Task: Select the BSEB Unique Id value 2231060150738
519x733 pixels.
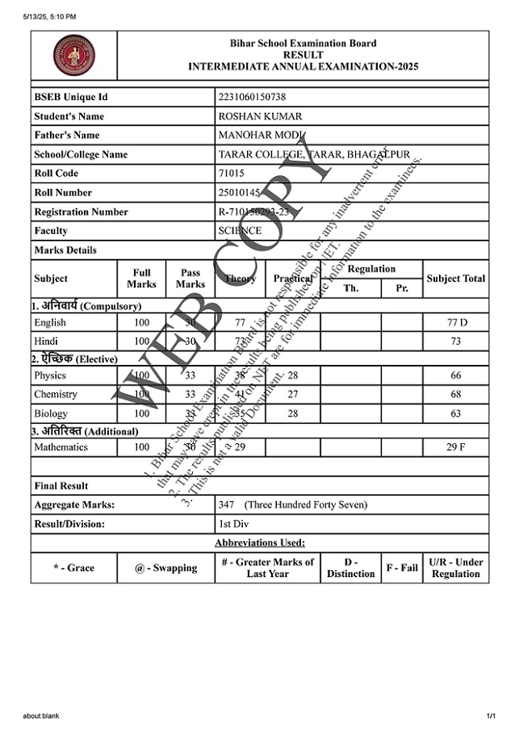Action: point(252,97)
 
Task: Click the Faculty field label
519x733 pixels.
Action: point(51,231)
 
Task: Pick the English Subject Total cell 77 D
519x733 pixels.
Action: point(456,323)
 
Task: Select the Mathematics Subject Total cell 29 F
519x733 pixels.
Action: point(456,447)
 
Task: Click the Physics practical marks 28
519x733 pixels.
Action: point(292,375)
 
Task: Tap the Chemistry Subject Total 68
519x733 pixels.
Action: point(456,395)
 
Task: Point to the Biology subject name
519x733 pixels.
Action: point(51,413)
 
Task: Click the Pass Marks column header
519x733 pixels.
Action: point(190,279)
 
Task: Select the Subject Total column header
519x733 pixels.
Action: point(456,279)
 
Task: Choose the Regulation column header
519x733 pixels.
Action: point(371,269)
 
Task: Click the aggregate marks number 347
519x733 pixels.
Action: point(226,505)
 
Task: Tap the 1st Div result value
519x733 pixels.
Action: point(233,524)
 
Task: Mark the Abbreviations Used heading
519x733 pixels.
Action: point(259,542)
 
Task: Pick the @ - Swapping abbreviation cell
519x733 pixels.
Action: point(165,568)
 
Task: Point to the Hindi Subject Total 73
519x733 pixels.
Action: point(456,341)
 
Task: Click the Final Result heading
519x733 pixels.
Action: point(61,486)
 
